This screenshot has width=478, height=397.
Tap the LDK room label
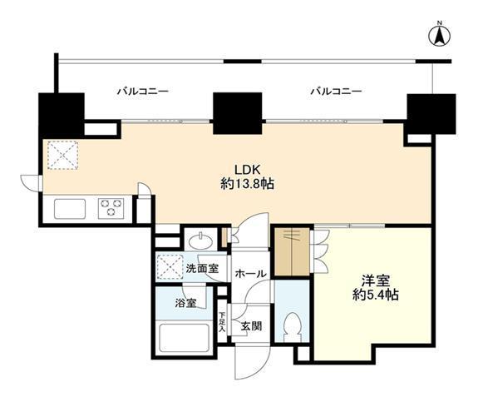[247, 169]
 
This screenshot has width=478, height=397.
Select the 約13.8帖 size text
[247, 184]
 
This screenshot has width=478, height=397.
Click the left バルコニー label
[143, 92]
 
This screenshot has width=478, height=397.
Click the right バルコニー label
[336, 92]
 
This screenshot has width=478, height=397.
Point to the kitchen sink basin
[70, 208]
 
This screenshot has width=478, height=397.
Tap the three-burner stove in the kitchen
[111, 208]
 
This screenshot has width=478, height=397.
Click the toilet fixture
[292, 327]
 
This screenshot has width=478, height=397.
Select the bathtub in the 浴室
[184, 338]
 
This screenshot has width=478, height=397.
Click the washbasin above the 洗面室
[200, 241]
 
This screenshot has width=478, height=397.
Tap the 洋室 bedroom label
[376, 280]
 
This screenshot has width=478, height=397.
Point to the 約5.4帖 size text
[376, 295]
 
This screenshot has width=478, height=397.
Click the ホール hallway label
[250, 274]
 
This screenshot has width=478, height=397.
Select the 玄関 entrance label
[251, 326]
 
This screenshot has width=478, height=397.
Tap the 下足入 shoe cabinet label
[223, 322]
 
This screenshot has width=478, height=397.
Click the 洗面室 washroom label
[202, 269]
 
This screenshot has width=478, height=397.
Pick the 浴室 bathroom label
[185, 303]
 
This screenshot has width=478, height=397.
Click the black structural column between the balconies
[238, 113]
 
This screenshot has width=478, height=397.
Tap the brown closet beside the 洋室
[293, 251]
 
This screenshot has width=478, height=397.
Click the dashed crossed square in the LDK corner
[63, 155]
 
